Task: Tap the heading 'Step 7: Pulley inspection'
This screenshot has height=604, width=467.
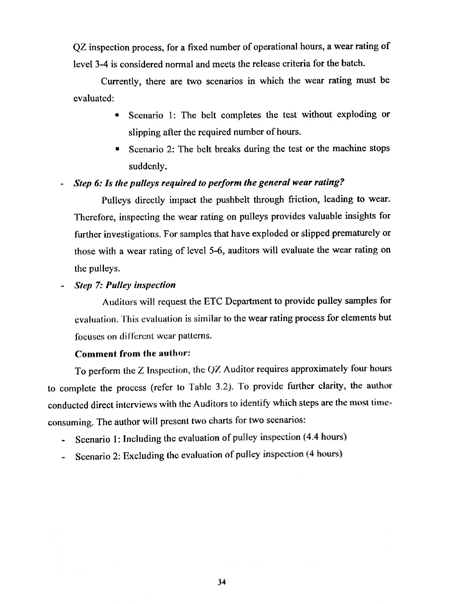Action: (125, 285)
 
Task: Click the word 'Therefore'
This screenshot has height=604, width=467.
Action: (95, 217)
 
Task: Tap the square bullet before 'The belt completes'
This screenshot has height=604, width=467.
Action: (117, 116)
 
